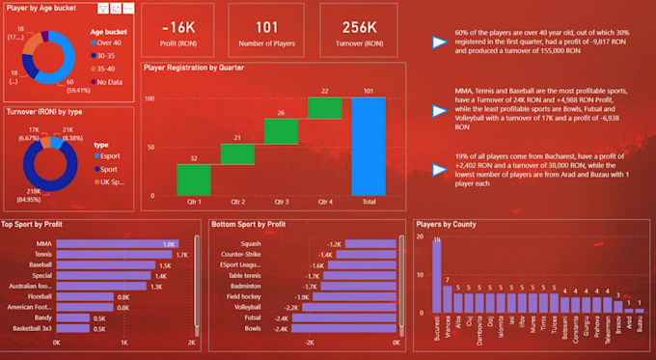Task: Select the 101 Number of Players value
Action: [269, 28]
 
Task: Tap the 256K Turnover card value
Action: [358, 28]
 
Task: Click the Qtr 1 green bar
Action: [193, 179]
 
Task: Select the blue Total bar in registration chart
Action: [368, 146]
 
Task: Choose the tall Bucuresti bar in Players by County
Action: [437, 279]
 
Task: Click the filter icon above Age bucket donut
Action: [102, 8]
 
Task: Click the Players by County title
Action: [446, 225]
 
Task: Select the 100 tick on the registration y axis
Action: [150, 98]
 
